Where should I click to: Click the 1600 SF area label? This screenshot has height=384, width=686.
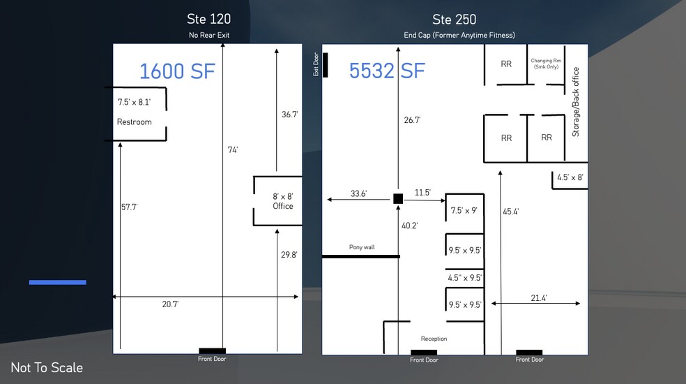pos(177,71)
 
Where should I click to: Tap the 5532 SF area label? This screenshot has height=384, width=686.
pos(387,71)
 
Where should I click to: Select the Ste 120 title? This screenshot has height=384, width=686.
pos(208,19)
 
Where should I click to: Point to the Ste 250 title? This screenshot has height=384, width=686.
pos(454,20)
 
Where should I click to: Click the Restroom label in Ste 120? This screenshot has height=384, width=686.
pos(135,122)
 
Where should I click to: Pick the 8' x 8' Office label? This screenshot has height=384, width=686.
pos(283,201)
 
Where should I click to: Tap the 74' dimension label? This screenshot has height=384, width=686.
pos(233,150)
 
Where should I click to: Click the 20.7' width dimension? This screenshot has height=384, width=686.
pos(170,304)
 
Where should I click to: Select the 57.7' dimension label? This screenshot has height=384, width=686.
pos(130,207)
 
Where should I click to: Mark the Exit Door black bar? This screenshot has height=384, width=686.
pos(325,65)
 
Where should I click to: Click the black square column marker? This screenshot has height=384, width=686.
pos(398,198)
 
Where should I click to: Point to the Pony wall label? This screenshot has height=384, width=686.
pos(362,247)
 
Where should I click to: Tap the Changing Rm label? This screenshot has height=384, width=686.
pos(546,64)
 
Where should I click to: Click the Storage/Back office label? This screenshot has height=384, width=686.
pos(576,102)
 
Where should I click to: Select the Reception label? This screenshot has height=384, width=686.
pos(434,339)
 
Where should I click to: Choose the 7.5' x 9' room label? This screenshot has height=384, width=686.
pos(464,210)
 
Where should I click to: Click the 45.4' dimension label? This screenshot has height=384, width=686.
pos(510,212)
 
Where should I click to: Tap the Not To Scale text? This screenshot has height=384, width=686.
pos(47,367)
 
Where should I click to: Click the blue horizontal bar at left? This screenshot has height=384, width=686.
pos(58,282)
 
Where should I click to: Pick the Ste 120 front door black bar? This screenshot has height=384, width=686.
pos(212,350)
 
